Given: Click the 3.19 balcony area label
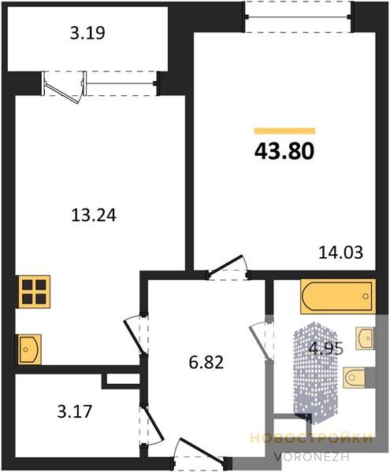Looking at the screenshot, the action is click(87, 33).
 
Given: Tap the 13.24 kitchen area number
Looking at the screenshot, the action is click(94, 216).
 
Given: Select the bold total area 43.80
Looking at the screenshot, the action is click(284, 151).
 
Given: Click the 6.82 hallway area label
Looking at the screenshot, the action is click(206, 363).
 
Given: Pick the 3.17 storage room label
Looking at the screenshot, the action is click(74, 411).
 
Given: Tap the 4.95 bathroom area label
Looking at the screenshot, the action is click(326, 348).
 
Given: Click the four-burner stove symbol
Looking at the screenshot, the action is click(34, 292).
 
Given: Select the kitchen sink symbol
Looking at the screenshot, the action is click(29, 349).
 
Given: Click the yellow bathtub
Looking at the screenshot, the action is click(338, 297).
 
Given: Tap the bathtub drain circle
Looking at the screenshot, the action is click(366, 297).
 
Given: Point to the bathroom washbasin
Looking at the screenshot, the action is click(366, 338).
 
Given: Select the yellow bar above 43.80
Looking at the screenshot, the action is click(284, 131).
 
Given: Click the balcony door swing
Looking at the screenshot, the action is click(64, 88).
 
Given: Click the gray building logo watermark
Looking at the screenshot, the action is click(315, 373).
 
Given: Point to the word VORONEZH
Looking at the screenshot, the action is click(312, 457).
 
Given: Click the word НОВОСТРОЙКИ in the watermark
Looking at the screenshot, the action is click(311, 439).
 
